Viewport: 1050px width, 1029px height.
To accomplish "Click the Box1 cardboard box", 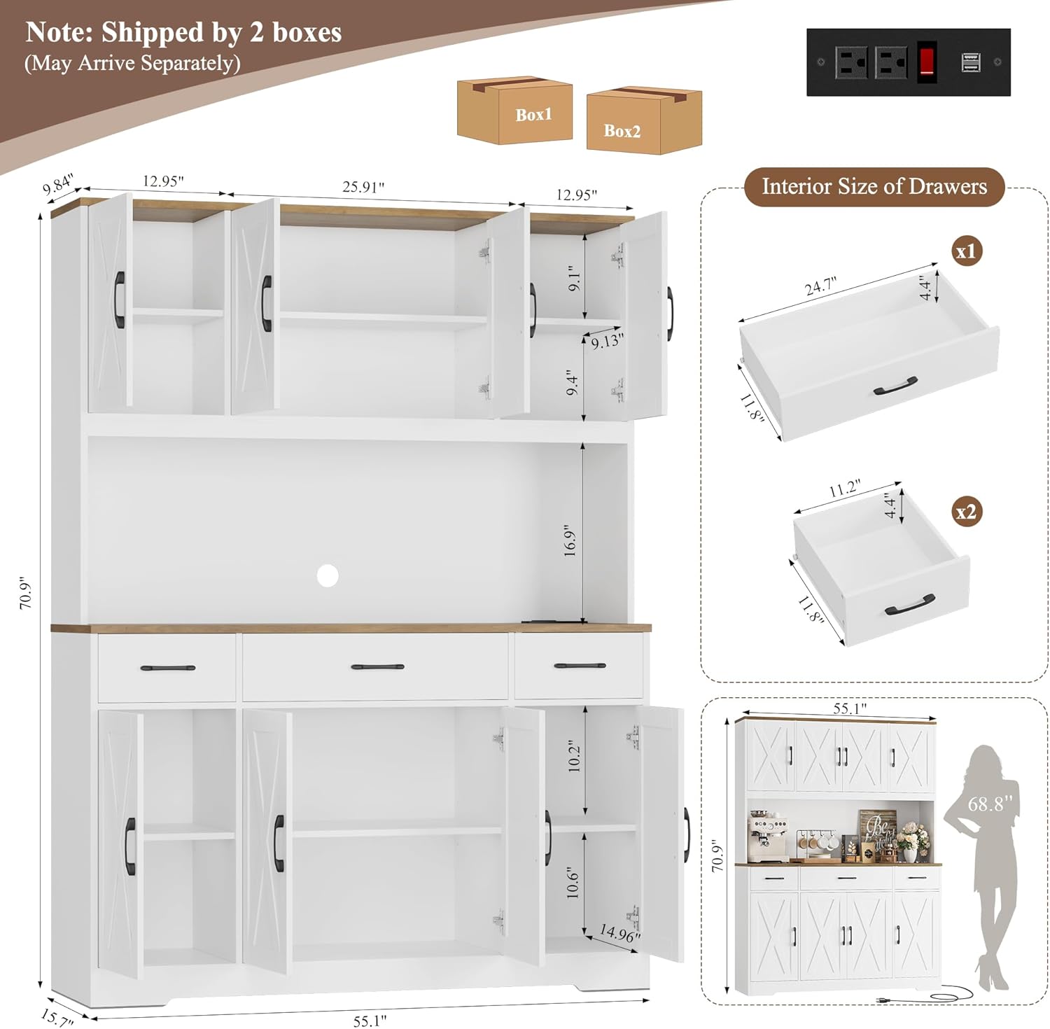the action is [x=514, y=111].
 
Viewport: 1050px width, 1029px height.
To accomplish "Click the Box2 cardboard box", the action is [x=644, y=120].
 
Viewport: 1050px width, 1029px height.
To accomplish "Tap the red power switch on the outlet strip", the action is [x=927, y=62].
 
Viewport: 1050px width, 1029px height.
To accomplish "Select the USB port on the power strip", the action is [x=970, y=62].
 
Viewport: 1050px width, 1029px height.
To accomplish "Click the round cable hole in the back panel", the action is [x=327, y=575].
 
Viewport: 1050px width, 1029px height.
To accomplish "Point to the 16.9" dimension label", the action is [x=570, y=540].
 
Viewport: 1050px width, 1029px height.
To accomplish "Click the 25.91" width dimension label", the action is [x=363, y=187].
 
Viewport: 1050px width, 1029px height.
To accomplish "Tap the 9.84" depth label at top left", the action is [x=57, y=184].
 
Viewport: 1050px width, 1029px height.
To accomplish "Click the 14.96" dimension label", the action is [x=619, y=933].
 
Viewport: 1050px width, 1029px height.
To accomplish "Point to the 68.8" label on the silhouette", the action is [x=986, y=804].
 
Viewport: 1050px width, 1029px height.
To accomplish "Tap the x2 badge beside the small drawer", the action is [x=967, y=512].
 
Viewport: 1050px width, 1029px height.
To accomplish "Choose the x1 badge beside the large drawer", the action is [x=967, y=251].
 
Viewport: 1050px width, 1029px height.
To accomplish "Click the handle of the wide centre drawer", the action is [x=377, y=667].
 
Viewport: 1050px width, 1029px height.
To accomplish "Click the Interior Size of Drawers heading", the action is [x=874, y=186].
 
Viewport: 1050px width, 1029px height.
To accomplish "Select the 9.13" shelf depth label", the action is [x=607, y=342].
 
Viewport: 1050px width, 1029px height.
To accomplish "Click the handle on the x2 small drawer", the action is [x=910, y=605].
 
